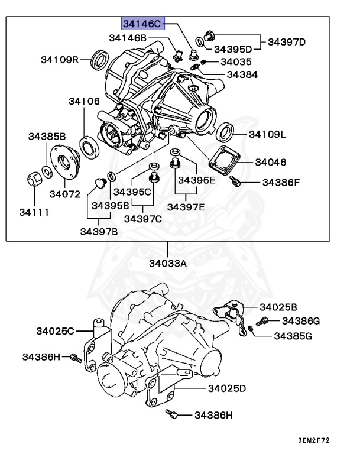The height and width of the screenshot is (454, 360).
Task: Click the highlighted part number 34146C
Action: pos(142,24)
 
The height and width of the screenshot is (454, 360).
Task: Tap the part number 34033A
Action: pos(167,264)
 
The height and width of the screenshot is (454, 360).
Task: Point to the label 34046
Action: pos(271,161)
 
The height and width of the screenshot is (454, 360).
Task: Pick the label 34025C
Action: pos(54,331)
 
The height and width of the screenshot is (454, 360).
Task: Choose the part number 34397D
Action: pos(287,42)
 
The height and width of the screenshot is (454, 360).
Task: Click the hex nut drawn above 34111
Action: pos(34,178)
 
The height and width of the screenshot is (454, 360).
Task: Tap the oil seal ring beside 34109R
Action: pos(102,59)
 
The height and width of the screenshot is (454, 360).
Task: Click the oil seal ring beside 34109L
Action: pos(225,131)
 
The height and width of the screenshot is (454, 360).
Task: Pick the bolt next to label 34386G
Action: pos(264,320)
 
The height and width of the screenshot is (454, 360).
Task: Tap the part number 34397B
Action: pos(99,231)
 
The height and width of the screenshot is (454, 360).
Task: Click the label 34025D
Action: pos(227,388)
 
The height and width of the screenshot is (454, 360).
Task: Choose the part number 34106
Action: pos(83,101)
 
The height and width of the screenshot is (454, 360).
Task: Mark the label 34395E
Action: pos(197,180)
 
